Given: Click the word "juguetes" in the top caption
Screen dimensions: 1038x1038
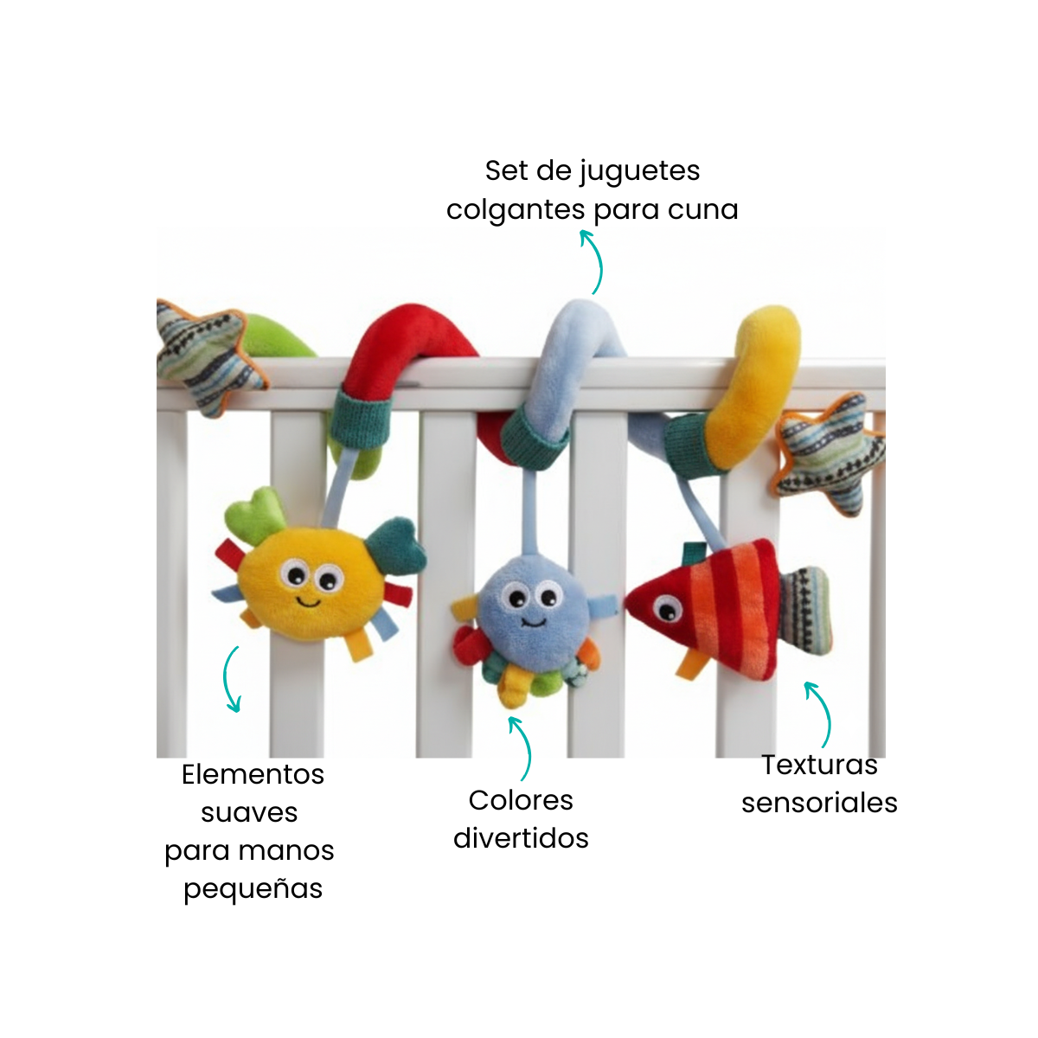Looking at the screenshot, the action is (639, 172).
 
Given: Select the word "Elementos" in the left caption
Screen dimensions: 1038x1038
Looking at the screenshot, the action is (253, 774).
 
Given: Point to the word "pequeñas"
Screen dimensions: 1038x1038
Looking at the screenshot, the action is (253, 889).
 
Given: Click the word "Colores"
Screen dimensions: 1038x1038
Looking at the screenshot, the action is (521, 800).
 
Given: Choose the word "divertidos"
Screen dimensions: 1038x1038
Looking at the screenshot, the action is (521, 838).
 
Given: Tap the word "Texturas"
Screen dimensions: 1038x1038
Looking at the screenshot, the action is (819, 765).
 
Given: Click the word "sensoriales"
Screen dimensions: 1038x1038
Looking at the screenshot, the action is (819, 803).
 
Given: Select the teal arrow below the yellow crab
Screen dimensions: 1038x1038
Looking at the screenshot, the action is (227, 679).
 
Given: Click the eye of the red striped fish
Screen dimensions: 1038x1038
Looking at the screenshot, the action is (668, 609).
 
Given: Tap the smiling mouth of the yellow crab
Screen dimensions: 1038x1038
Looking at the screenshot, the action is (309, 601).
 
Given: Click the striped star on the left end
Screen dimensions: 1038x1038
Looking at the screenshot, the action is (210, 356).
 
